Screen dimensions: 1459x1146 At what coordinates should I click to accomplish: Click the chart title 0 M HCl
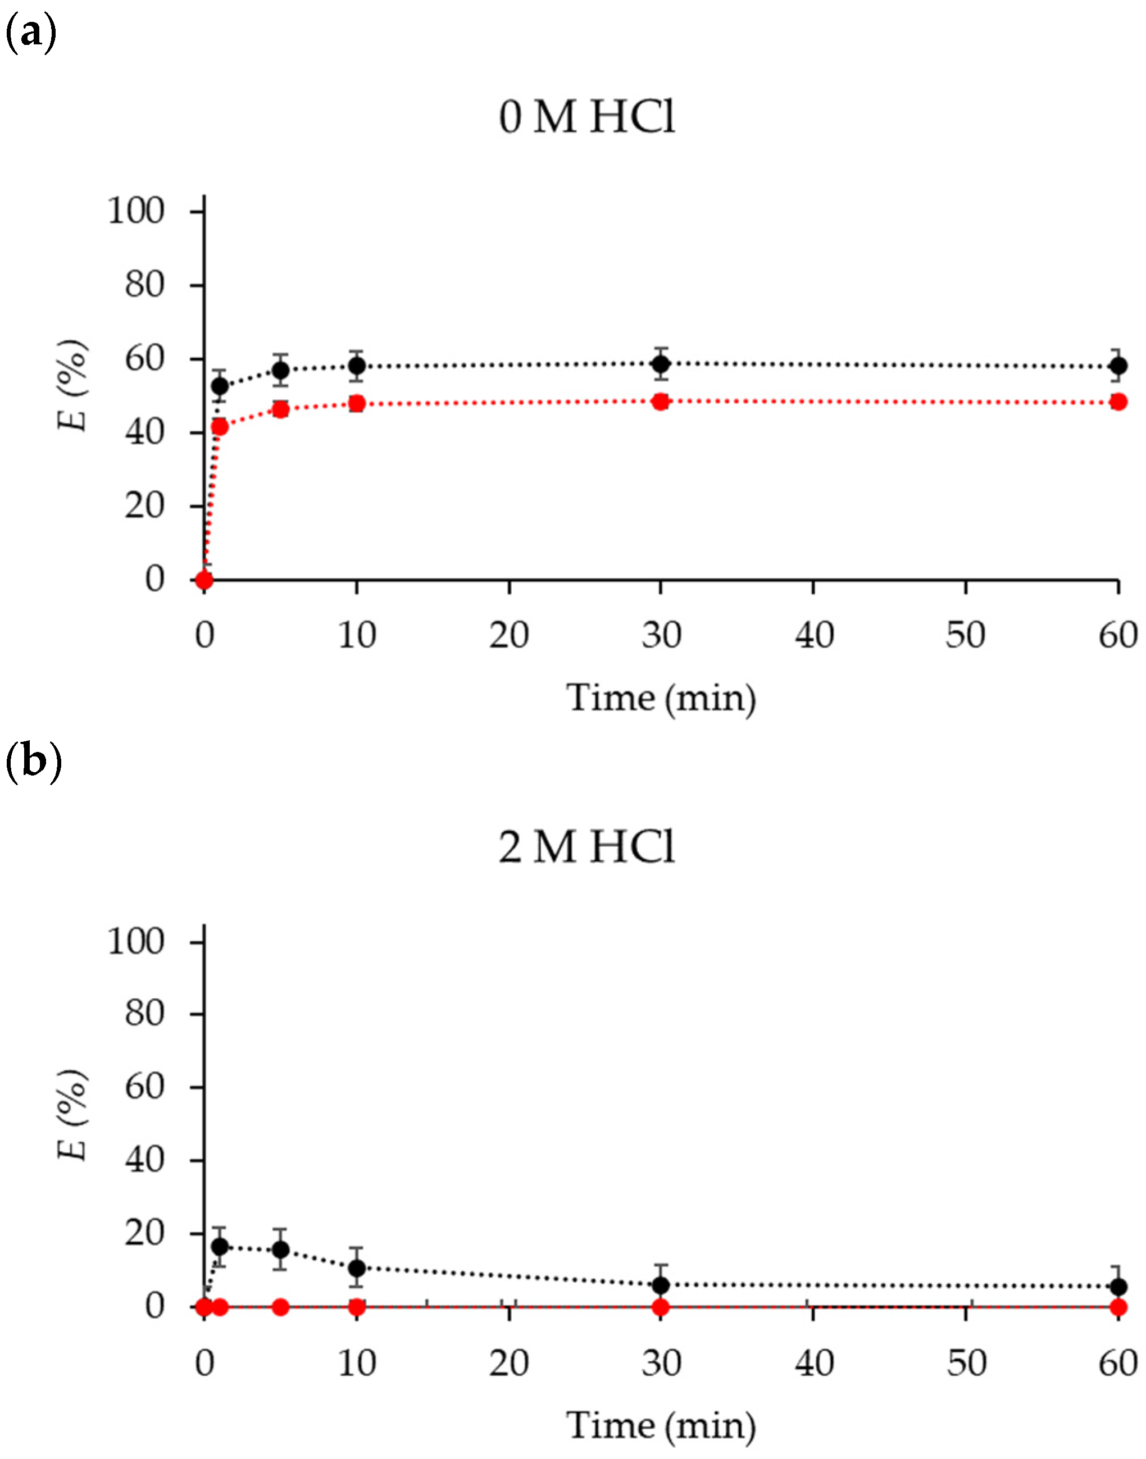click(x=586, y=117)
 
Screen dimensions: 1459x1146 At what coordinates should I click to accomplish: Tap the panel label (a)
click(x=30, y=32)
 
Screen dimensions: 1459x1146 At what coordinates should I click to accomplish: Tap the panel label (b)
click(x=32, y=763)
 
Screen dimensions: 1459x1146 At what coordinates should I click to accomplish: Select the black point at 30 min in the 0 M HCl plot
click(x=661, y=363)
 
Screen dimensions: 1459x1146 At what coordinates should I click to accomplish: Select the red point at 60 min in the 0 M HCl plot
click(x=1118, y=402)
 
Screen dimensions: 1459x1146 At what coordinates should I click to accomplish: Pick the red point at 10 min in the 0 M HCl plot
click(x=357, y=403)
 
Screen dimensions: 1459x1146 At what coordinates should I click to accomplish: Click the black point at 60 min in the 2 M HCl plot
click(x=1118, y=1287)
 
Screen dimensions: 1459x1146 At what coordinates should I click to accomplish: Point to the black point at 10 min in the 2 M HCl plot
click(x=357, y=1268)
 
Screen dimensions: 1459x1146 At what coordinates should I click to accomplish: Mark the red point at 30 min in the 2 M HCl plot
click(x=661, y=1307)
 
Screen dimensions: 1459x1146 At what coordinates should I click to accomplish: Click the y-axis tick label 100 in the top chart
click(x=135, y=211)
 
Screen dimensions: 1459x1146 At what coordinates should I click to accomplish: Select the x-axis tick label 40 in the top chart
click(x=814, y=634)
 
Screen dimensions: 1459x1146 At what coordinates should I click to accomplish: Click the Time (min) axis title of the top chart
click(x=661, y=697)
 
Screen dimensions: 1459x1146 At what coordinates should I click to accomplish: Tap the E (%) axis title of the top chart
click(x=72, y=386)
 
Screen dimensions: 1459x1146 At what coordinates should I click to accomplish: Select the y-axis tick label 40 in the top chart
click(x=144, y=432)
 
